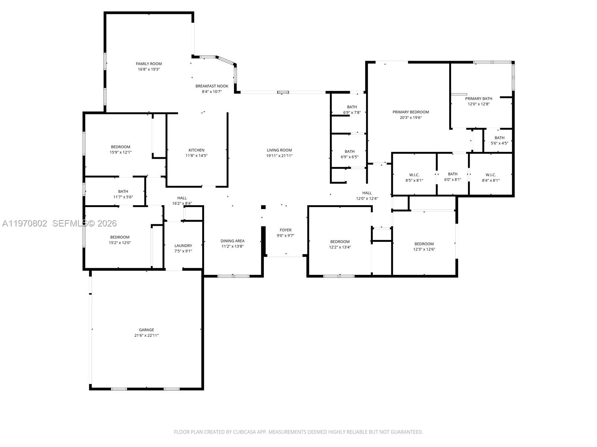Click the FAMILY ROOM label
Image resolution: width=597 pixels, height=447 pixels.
pyautogui.click(x=149, y=64)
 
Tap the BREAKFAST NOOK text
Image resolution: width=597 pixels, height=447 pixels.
pyautogui.click(x=212, y=86)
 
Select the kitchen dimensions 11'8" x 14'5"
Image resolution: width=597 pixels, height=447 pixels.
pyautogui.click(x=196, y=156)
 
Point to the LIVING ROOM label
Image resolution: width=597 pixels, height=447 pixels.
pyautogui.click(x=279, y=150)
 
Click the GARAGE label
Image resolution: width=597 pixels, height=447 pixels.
pyautogui.click(x=146, y=330)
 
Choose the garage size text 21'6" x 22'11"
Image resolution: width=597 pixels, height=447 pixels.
pyautogui.click(x=146, y=335)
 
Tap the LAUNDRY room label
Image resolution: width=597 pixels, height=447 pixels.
pyautogui.click(x=183, y=245)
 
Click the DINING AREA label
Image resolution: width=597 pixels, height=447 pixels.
pyautogui.click(x=232, y=241)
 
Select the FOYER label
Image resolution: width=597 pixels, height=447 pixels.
pyautogui.click(x=285, y=230)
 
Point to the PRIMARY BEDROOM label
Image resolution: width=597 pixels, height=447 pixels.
pyautogui.click(x=410, y=112)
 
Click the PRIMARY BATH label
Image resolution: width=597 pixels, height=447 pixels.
pyautogui.click(x=478, y=99)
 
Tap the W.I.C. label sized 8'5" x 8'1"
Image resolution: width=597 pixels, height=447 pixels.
pyautogui.click(x=414, y=175)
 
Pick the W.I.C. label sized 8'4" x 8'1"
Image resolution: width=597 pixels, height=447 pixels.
pyautogui.click(x=491, y=175)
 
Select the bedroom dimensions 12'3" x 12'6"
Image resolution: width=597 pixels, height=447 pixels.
pyautogui.click(x=424, y=250)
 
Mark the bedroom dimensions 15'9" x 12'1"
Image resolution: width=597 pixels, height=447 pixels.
pyautogui.click(x=120, y=152)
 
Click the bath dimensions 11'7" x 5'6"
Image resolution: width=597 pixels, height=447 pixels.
pyautogui.click(x=123, y=197)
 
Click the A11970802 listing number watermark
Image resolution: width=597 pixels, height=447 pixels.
pyautogui.click(x=25, y=223)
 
